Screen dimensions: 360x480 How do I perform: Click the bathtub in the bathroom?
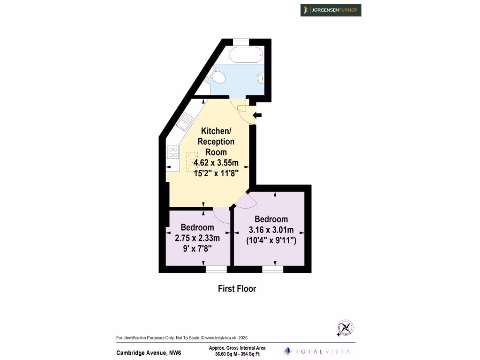point(246,55)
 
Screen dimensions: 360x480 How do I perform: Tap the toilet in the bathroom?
point(217,76)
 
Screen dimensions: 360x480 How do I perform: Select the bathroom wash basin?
point(261,78)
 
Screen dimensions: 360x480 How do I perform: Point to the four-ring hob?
point(173,152)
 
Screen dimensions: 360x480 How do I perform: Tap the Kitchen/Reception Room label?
point(216,141)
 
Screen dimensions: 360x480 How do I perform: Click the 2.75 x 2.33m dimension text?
point(197,238)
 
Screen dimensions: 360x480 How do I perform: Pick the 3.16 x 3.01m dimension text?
point(271,230)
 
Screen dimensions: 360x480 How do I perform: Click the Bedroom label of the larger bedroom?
point(271,219)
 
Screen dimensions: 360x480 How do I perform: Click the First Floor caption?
point(237,289)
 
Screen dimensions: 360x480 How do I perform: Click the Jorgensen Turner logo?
point(331,10)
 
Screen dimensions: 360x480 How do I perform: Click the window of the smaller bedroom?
point(216,270)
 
